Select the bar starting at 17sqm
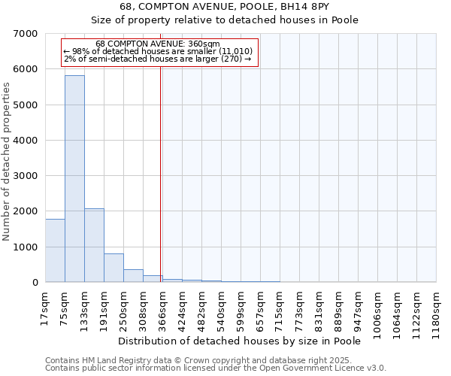(55, 250)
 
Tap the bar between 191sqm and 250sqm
(114, 268)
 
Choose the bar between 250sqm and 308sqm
(133, 275)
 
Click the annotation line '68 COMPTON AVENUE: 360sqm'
(158, 44)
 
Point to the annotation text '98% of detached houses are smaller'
(158, 51)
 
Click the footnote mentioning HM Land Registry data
(214, 360)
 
